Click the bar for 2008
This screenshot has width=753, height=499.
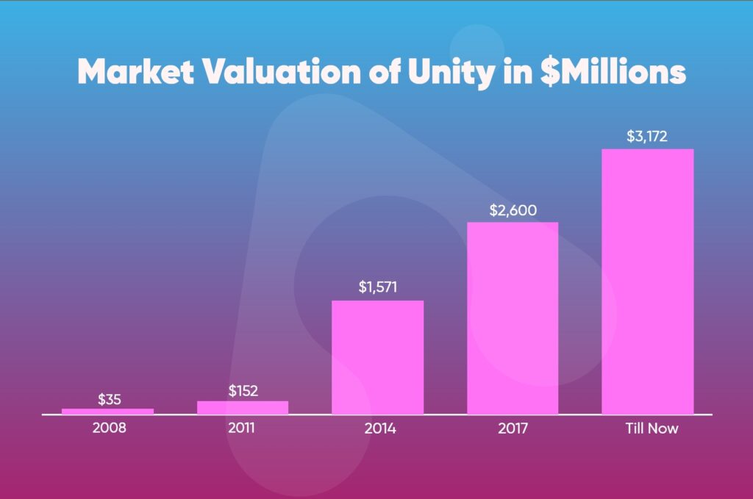click(x=107, y=412)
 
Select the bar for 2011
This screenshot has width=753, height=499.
click(x=243, y=407)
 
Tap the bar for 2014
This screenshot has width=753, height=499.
click(x=377, y=357)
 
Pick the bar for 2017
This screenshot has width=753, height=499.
click(x=513, y=317)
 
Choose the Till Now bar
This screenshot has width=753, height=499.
click(x=647, y=281)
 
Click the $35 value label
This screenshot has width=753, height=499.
click(x=109, y=399)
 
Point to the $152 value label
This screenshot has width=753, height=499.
click(x=243, y=391)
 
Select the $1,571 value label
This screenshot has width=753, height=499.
click(x=378, y=287)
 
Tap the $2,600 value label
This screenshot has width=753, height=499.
click(x=513, y=210)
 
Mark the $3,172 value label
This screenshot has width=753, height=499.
click(x=647, y=137)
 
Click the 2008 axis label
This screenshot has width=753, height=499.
click(x=109, y=427)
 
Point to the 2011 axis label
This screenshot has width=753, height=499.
click(x=242, y=427)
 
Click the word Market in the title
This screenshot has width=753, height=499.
click(x=135, y=72)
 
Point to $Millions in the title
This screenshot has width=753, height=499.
click(x=610, y=72)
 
